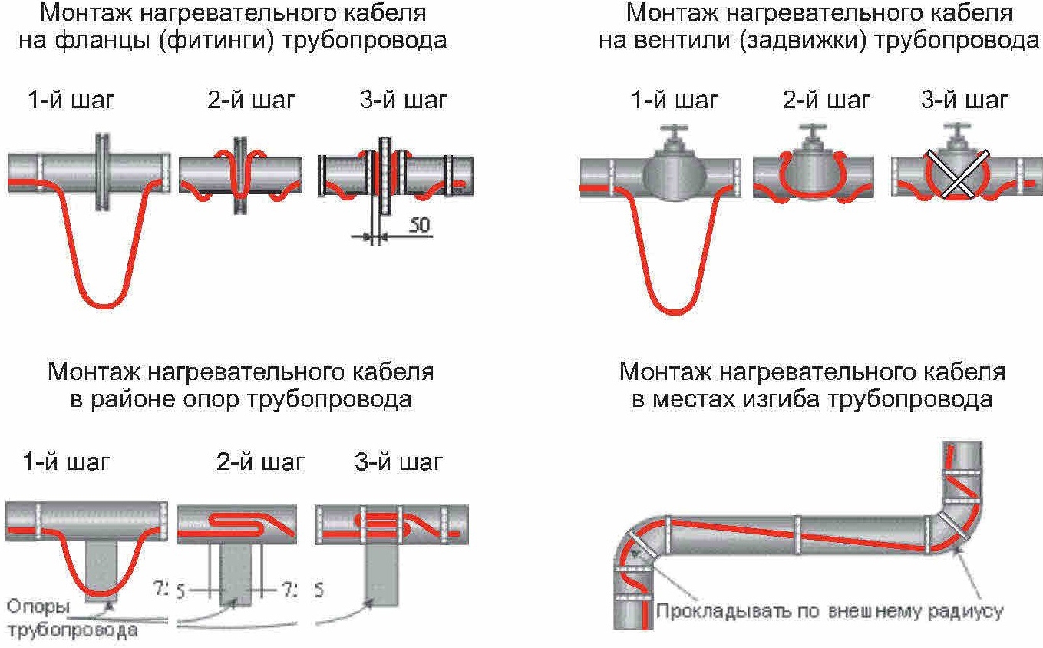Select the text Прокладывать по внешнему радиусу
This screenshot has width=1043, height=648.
point(829,612)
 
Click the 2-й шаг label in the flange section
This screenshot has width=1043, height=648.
point(250,100)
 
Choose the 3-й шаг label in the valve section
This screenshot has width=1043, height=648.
point(965,100)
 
